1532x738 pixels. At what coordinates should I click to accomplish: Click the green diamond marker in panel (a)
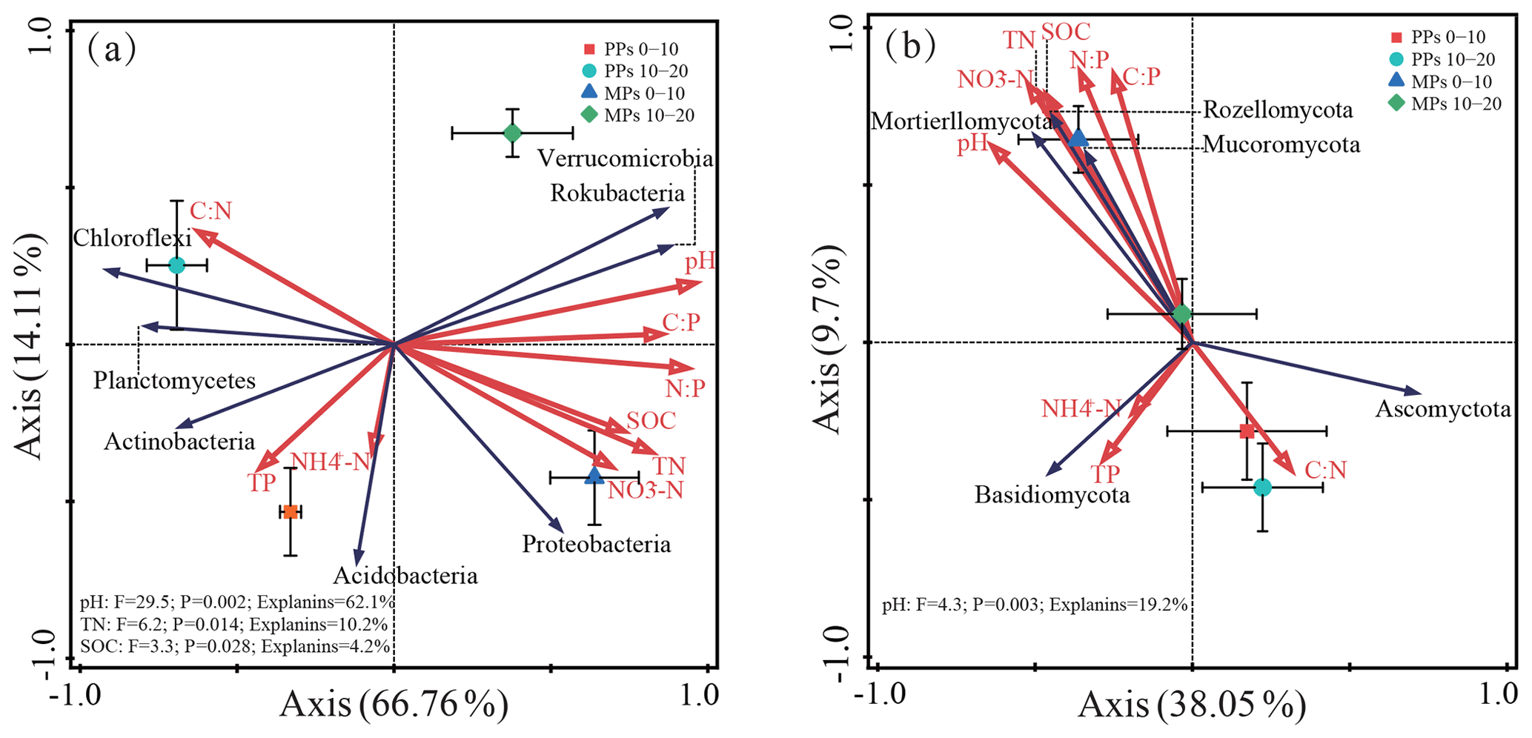512,133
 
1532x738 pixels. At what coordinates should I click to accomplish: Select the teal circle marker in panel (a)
176,265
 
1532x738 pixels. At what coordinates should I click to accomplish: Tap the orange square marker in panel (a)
291,512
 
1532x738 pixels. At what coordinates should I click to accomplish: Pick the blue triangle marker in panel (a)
594,476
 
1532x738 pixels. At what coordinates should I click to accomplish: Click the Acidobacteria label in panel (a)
405,576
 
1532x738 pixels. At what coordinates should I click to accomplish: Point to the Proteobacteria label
596,545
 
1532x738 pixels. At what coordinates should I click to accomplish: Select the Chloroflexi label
132,238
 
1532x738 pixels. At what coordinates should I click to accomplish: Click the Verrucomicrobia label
625,159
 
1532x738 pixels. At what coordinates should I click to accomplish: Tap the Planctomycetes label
174,381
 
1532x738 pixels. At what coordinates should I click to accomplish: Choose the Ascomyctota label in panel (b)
1442,409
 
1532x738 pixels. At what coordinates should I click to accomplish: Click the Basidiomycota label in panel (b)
1052,494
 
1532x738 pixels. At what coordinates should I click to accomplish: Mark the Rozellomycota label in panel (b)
1278,110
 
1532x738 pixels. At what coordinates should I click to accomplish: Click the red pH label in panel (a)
700,261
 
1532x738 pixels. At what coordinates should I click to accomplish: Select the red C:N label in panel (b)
1325,470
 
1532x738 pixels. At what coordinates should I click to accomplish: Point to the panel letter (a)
111,50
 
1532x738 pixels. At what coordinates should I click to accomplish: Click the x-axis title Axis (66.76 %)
394,705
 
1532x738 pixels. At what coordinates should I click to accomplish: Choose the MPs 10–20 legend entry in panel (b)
1446,104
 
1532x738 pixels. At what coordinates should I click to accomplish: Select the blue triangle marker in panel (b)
1078,138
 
